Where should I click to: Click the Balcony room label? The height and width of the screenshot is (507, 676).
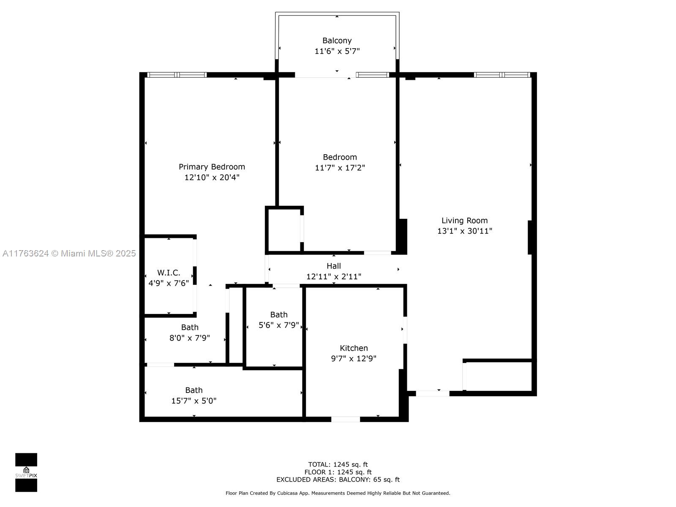click(337, 41)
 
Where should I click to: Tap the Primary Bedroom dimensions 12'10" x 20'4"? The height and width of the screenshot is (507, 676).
click(212, 177)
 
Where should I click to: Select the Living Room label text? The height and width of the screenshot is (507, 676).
click(464, 221)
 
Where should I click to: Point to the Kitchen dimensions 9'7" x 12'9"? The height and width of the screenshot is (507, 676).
click(354, 358)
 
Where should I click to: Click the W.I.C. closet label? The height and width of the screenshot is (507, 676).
click(169, 273)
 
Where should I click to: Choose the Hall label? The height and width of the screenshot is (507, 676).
click(333, 266)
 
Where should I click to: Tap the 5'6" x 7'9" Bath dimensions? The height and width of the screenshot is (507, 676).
click(278, 325)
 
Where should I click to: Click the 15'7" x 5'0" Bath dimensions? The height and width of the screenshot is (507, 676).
click(194, 401)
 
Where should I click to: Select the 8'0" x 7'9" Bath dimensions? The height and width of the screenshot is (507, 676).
click(189, 338)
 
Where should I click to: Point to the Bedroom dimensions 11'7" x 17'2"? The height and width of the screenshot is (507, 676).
click(340, 167)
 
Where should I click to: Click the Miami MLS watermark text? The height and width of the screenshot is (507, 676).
click(69, 253)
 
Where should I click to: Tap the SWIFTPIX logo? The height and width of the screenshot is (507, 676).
click(26, 472)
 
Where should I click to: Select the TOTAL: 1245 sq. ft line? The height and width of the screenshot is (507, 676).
click(338, 464)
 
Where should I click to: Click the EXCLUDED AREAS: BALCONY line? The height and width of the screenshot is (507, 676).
click(338, 479)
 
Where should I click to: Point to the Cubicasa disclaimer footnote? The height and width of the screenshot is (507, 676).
click(338, 493)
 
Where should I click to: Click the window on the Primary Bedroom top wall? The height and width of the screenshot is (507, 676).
click(177, 75)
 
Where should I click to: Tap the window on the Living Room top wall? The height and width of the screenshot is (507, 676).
click(502, 75)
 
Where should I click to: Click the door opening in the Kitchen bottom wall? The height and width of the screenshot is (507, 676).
click(345, 419)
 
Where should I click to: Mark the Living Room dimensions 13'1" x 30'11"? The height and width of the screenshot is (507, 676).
click(464, 231)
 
